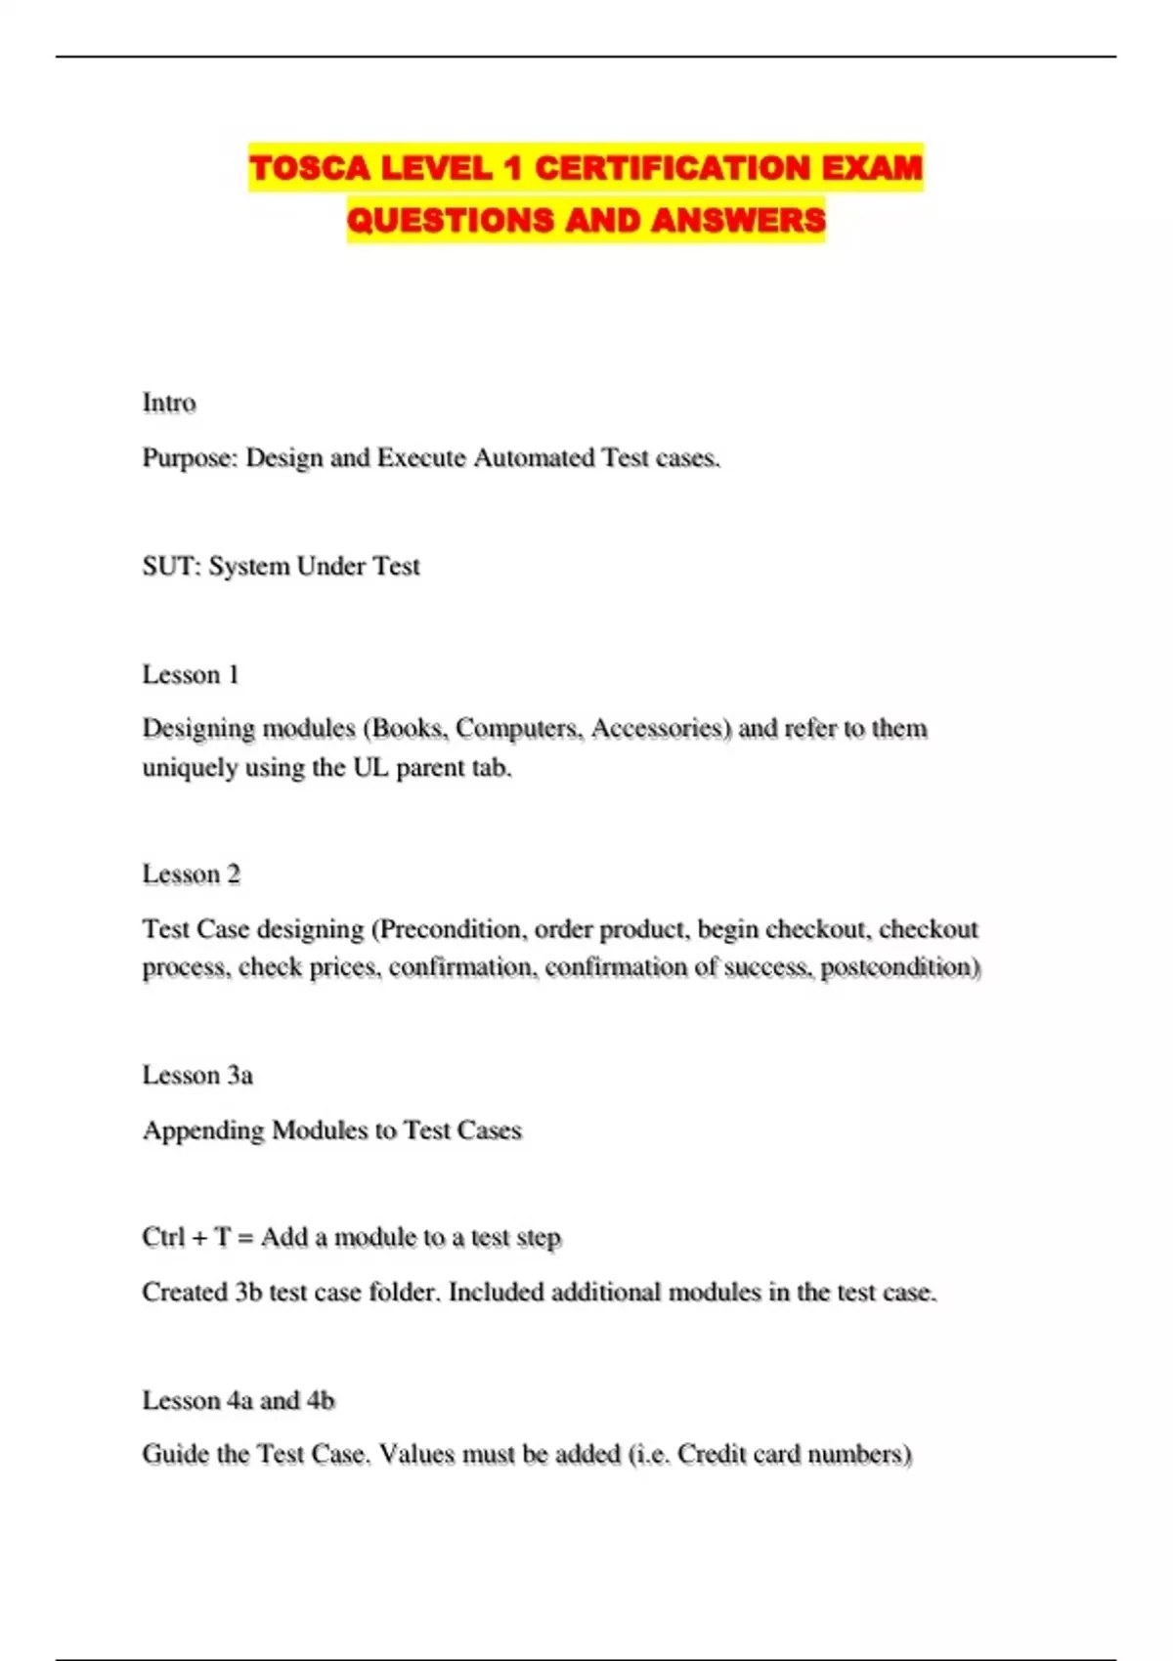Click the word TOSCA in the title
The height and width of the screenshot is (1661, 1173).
pos(310,168)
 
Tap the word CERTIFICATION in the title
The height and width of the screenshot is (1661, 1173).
pos(672,168)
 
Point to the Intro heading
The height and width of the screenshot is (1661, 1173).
pos(169,403)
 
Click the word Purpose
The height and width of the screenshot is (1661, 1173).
pos(190,458)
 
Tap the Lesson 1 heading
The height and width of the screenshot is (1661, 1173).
pos(191,675)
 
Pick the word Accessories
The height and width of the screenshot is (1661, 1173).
pos(659,729)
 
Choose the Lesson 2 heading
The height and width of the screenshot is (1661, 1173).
pos(191,874)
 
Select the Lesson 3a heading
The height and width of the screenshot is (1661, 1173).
pos(197,1076)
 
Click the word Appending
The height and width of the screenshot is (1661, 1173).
pos(203,1131)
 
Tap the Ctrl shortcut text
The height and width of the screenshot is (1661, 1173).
pos(163,1238)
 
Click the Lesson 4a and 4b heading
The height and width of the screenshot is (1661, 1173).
pos(239,1401)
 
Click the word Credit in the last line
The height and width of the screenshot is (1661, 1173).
pos(712,1455)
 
